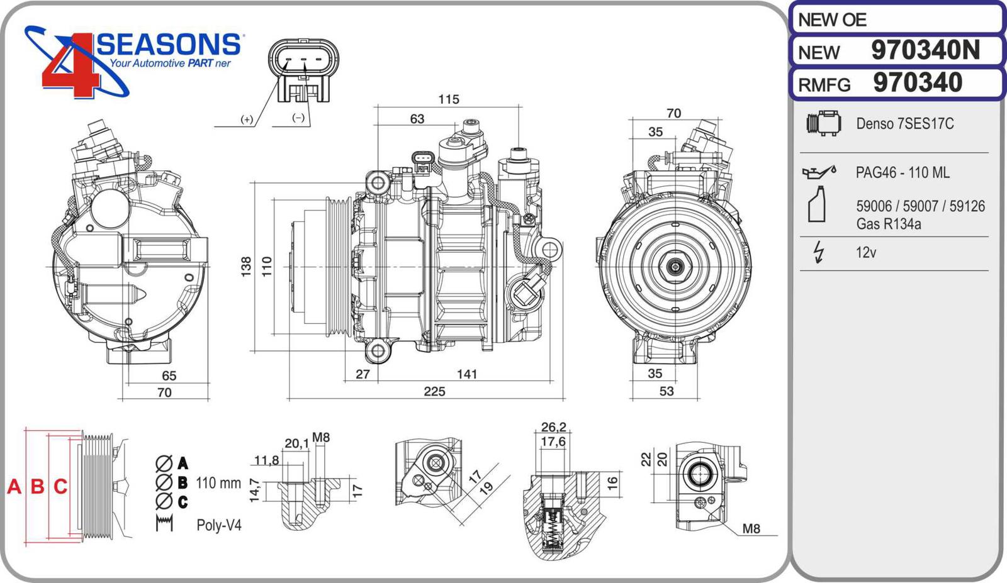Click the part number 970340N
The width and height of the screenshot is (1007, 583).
click(x=925, y=50)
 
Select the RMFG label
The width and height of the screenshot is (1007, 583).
click(x=824, y=84)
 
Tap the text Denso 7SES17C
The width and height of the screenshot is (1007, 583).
click(x=904, y=124)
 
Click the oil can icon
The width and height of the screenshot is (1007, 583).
click(x=818, y=172)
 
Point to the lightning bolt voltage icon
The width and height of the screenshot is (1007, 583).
click(x=818, y=252)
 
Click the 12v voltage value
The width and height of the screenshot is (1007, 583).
click(x=866, y=253)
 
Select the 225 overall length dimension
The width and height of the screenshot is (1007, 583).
click(x=434, y=391)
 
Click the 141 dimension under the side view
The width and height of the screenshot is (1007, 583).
click(x=467, y=374)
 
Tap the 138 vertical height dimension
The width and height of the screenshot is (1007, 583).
click(x=246, y=266)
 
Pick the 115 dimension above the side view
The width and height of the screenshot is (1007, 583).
click(x=449, y=99)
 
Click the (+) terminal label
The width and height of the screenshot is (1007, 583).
click(x=247, y=119)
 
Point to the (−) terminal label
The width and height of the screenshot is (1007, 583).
click(x=298, y=118)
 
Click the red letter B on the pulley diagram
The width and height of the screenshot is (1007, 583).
click(x=38, y=486)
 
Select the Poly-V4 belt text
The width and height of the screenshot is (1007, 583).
click(x=219, y=525)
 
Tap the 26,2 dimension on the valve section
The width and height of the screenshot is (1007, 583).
click(x=553, y=427)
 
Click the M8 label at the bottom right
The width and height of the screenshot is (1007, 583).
click(x=751, y=529)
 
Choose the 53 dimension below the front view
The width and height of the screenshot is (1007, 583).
click(x=667, y=391)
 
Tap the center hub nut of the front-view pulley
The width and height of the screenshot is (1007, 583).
click(x=675, y=267)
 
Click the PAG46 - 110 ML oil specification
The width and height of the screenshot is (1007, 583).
click(x=902, y=172)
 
